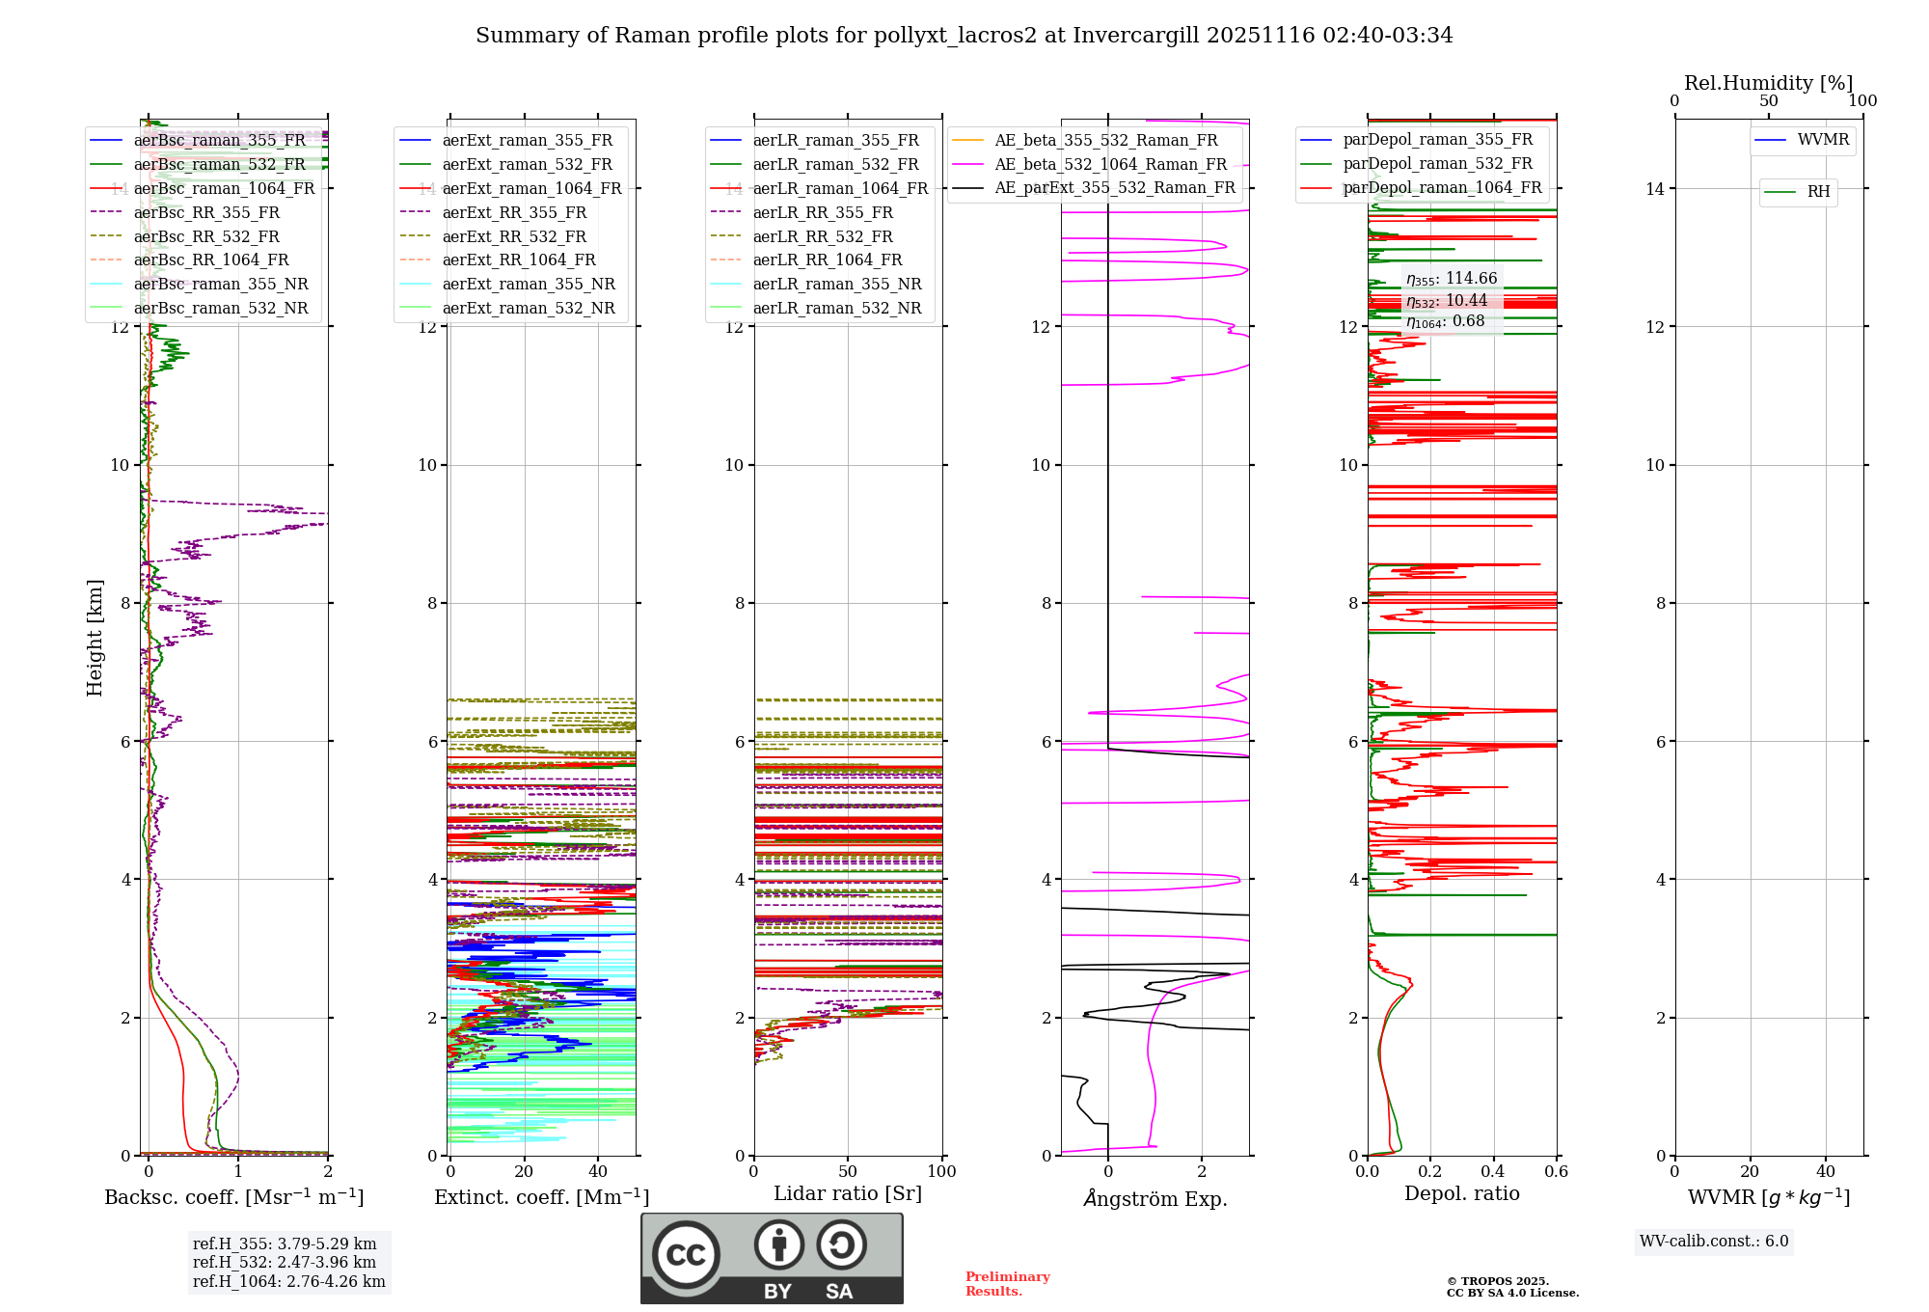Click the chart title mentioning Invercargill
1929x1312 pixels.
point(964,36)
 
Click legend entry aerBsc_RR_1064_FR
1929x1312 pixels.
point(210,260)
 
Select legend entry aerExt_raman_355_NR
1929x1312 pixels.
point(528,285)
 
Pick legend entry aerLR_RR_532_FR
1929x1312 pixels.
point(822,236)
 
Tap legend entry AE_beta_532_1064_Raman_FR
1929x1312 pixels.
point(1110,164)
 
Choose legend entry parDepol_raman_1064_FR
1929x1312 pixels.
point(1442,188)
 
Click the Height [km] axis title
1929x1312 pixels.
point(95,637)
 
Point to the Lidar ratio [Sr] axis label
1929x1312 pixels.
point(847,1193)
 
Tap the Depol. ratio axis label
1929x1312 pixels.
point(1461,1193)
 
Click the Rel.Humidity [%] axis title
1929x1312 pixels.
point(1768,83)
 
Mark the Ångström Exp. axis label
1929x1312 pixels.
point(1155,1199)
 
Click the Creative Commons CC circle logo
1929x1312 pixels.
point(686,1254)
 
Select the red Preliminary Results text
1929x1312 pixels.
point(1007,1284)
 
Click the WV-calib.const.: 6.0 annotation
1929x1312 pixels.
point(1713,1242)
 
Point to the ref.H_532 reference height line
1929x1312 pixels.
point(284,1262)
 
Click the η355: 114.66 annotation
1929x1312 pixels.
point(1451,279)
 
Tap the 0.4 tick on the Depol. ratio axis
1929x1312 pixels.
point(1493,1172)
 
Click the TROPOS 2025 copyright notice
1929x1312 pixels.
point(1511,1287)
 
